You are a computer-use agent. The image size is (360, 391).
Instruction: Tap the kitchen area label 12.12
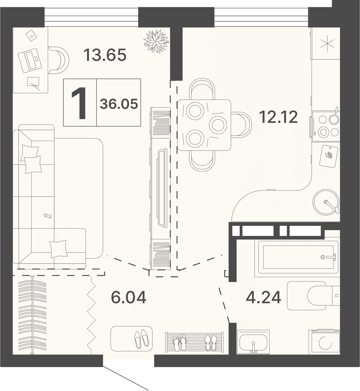tap(278, 117)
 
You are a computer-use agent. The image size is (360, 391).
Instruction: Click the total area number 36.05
tap(119, 104)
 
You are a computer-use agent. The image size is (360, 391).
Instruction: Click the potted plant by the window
tap(156, 41)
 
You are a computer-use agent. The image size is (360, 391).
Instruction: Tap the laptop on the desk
tap(30, 61)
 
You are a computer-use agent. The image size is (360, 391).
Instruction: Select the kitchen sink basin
tap(326, 202)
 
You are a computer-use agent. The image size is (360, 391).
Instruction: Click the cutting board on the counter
tap(329, 156)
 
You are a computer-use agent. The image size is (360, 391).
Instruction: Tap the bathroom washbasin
tap(253, 342)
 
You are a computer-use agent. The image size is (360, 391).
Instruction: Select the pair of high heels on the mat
tap(142, 339)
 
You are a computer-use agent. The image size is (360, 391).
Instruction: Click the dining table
tap(204, 125)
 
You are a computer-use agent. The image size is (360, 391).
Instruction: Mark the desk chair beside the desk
tap(58, 60)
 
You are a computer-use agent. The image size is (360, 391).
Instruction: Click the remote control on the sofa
tap(48, 215)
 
